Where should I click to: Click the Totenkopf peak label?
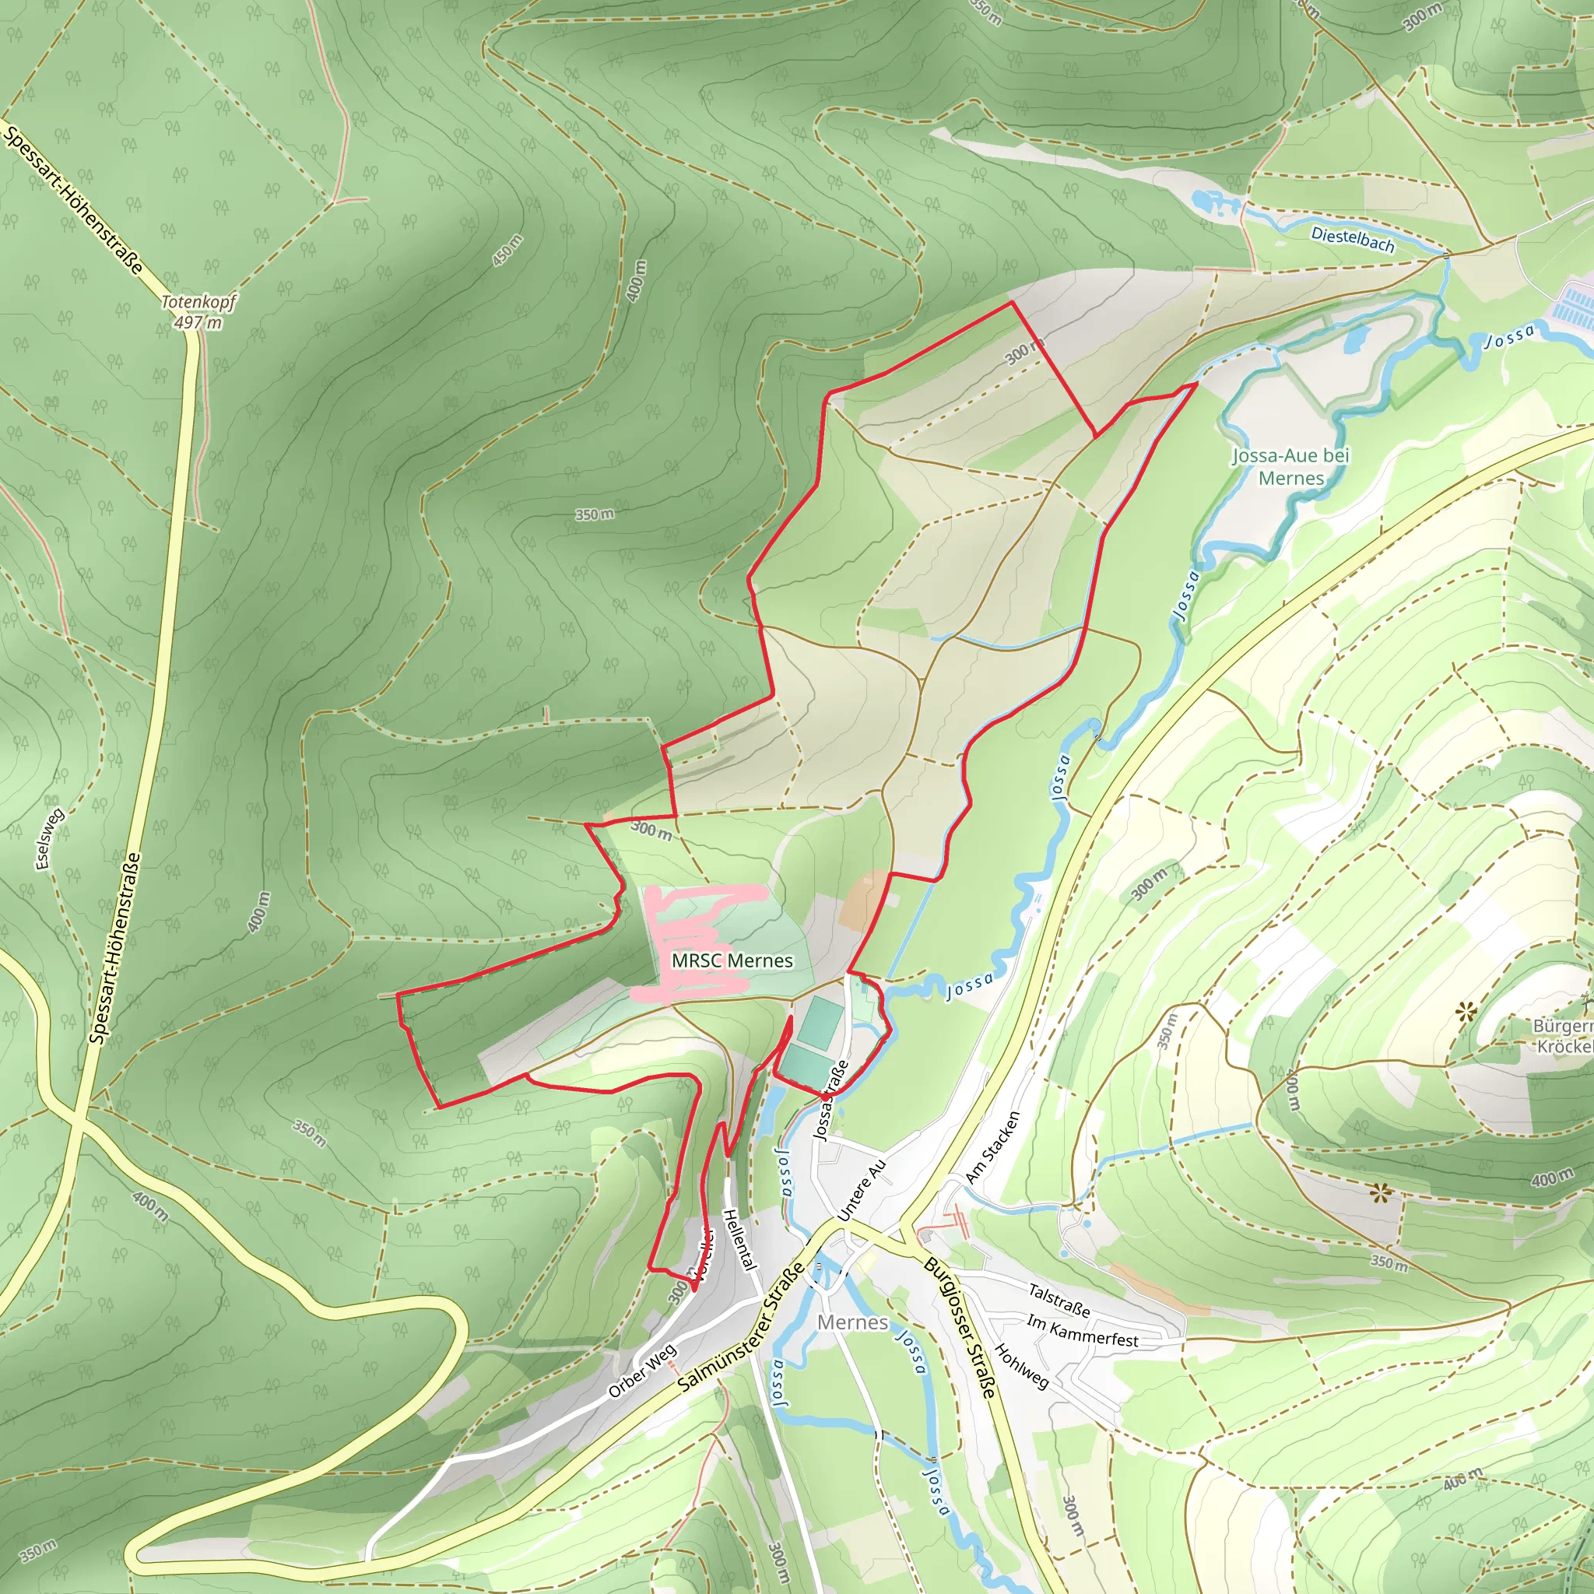(198, 302)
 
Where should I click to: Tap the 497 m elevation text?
(198, 321)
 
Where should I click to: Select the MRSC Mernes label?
(732, 960)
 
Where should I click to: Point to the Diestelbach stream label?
(1352, 239)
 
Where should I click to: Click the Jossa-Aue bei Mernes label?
(1290, 466)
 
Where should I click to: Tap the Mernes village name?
(852, 1322)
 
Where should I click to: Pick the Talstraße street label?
(1059, 1301)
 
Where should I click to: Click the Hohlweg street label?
(1020, 1366)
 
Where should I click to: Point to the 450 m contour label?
(507, 251)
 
